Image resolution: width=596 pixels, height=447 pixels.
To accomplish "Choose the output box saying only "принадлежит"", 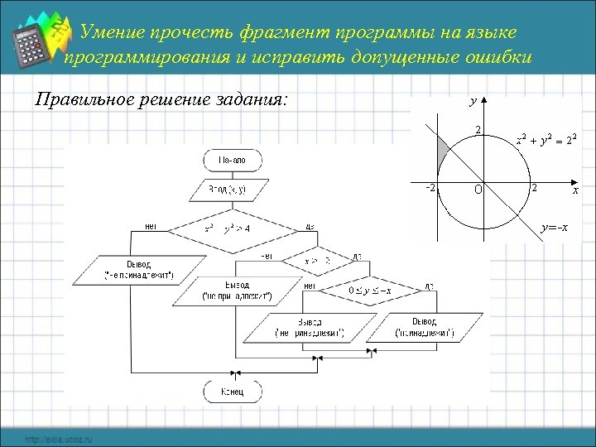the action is coord(422,328).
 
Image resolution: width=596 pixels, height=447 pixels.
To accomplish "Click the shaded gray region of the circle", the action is coord(444,150).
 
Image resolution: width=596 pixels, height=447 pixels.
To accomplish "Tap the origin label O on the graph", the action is coord(478,189).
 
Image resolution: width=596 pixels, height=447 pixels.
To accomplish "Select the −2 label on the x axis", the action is coord(430,187).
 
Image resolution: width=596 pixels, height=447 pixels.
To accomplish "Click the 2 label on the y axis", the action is coord(478,129).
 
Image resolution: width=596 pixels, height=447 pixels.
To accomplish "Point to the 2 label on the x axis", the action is coord(535,188).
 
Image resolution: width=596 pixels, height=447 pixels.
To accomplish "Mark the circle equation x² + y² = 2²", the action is coord(546,138).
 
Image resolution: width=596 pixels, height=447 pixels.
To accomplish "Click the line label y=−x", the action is coord(553,228).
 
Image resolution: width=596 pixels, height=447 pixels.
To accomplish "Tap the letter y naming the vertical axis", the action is coord(472,102).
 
